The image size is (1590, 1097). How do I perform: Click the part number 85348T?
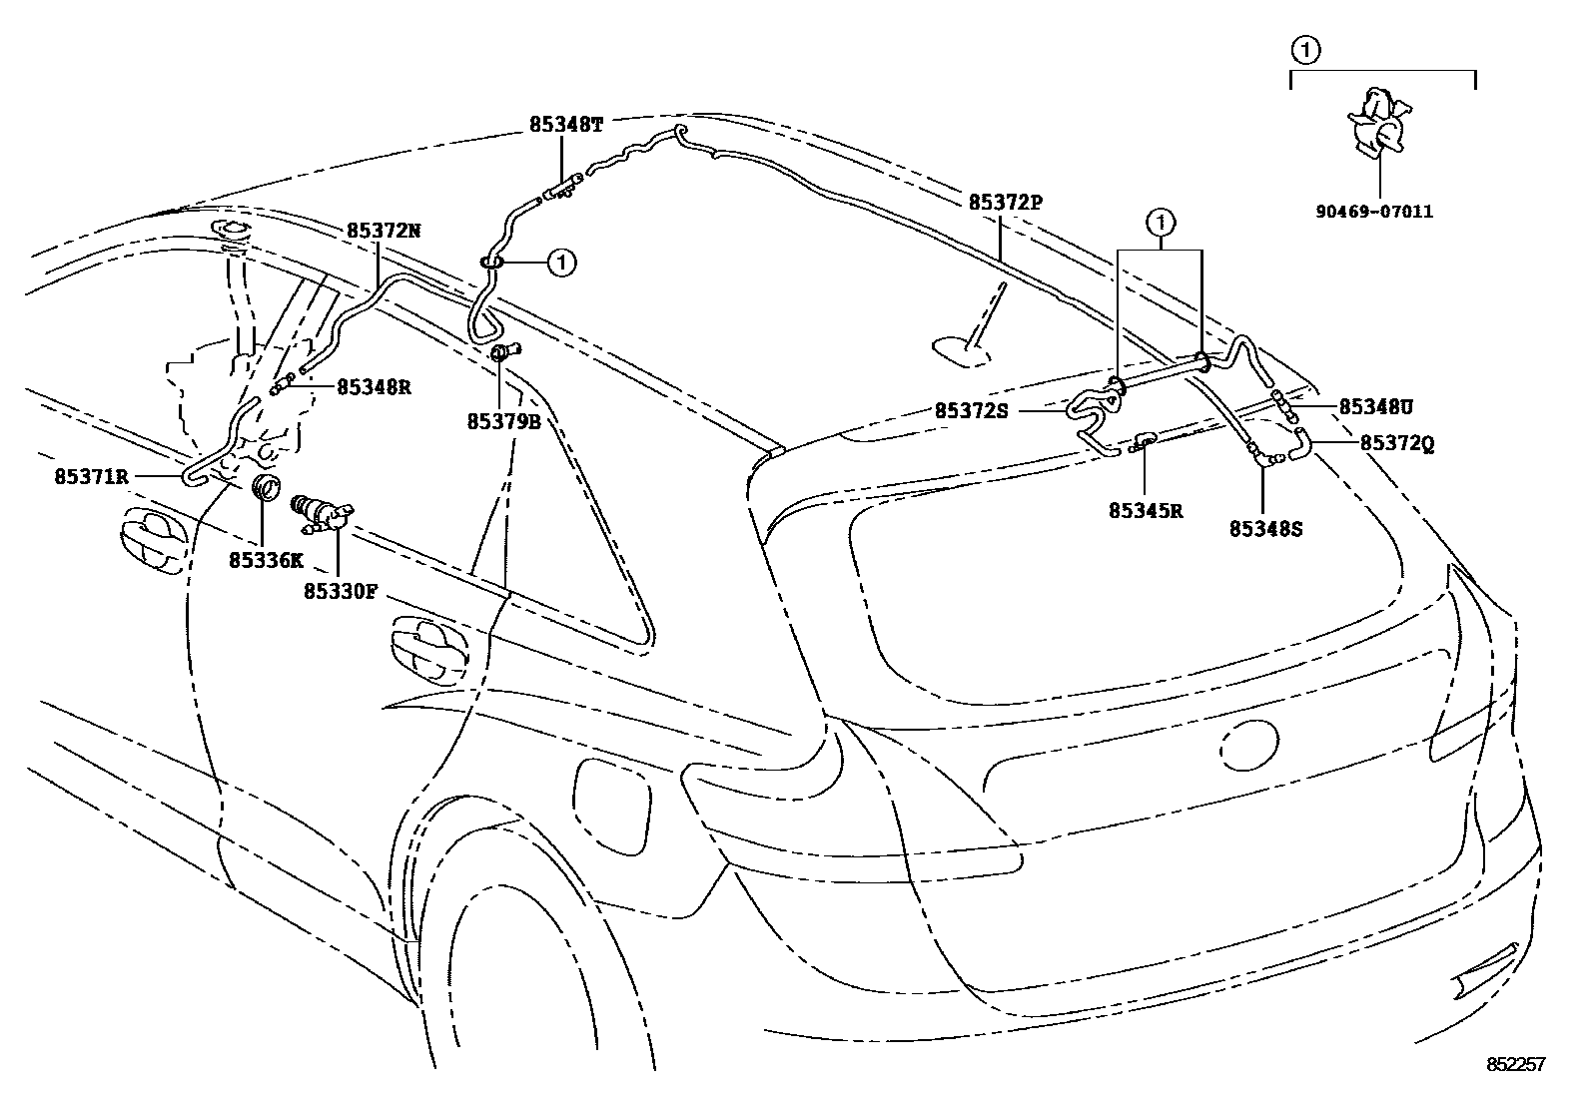click(566, 126)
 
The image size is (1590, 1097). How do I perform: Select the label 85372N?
click(384, 231)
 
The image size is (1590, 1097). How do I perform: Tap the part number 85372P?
click(1005, 203)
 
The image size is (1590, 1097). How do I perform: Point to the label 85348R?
click(374, 386)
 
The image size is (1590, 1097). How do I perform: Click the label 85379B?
click(504, 422)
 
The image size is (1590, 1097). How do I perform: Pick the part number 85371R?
click(92, 477)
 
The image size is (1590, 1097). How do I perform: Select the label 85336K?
click(265, 560)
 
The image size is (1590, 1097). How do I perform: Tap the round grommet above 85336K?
click(265, 489)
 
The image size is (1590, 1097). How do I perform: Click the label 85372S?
click(972, 410)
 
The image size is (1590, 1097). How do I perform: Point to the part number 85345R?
click(1146, 510)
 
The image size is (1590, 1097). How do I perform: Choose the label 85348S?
click(1265, 529)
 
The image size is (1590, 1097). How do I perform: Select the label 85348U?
click(1375, 407)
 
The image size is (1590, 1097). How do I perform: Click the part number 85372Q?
click(1397, 445)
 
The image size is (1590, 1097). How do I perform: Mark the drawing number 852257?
click(1515, 1065)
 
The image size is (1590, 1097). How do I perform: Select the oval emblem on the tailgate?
click(1246, 746)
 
